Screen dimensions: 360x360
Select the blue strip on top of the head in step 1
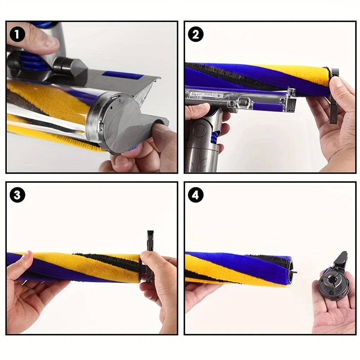(x=122, y=76)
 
